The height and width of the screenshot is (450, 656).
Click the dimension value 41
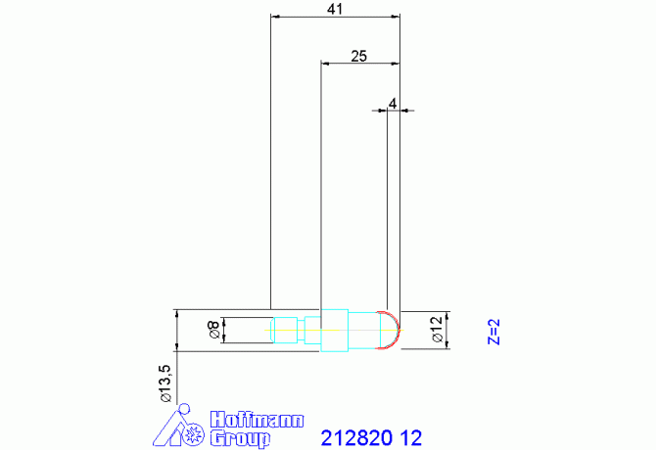point(335,9)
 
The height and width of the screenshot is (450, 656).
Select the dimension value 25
point(358,56)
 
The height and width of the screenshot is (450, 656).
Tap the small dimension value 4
point(393,103)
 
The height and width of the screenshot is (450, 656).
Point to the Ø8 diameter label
point(213,330)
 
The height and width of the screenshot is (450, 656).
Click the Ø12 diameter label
point(437,330)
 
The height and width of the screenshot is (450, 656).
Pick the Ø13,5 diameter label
point(165,383)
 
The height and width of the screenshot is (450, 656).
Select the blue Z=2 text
point(494,332)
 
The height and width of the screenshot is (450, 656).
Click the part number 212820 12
point(371,438)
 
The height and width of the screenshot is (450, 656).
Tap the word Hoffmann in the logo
point(257,420)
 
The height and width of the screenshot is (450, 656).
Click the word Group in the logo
point(240,438)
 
